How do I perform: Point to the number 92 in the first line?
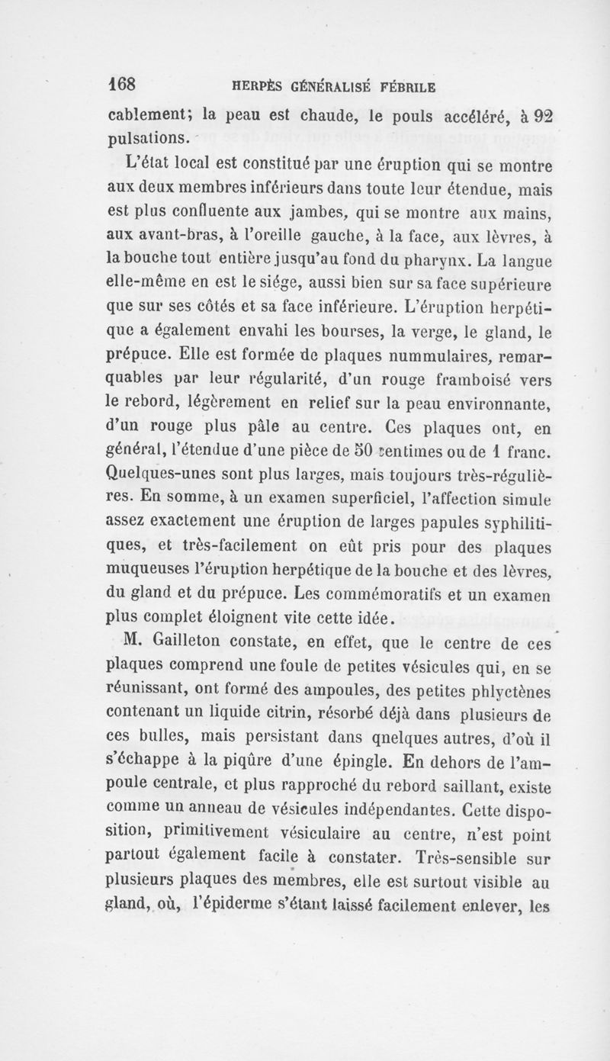pos(543,117)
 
